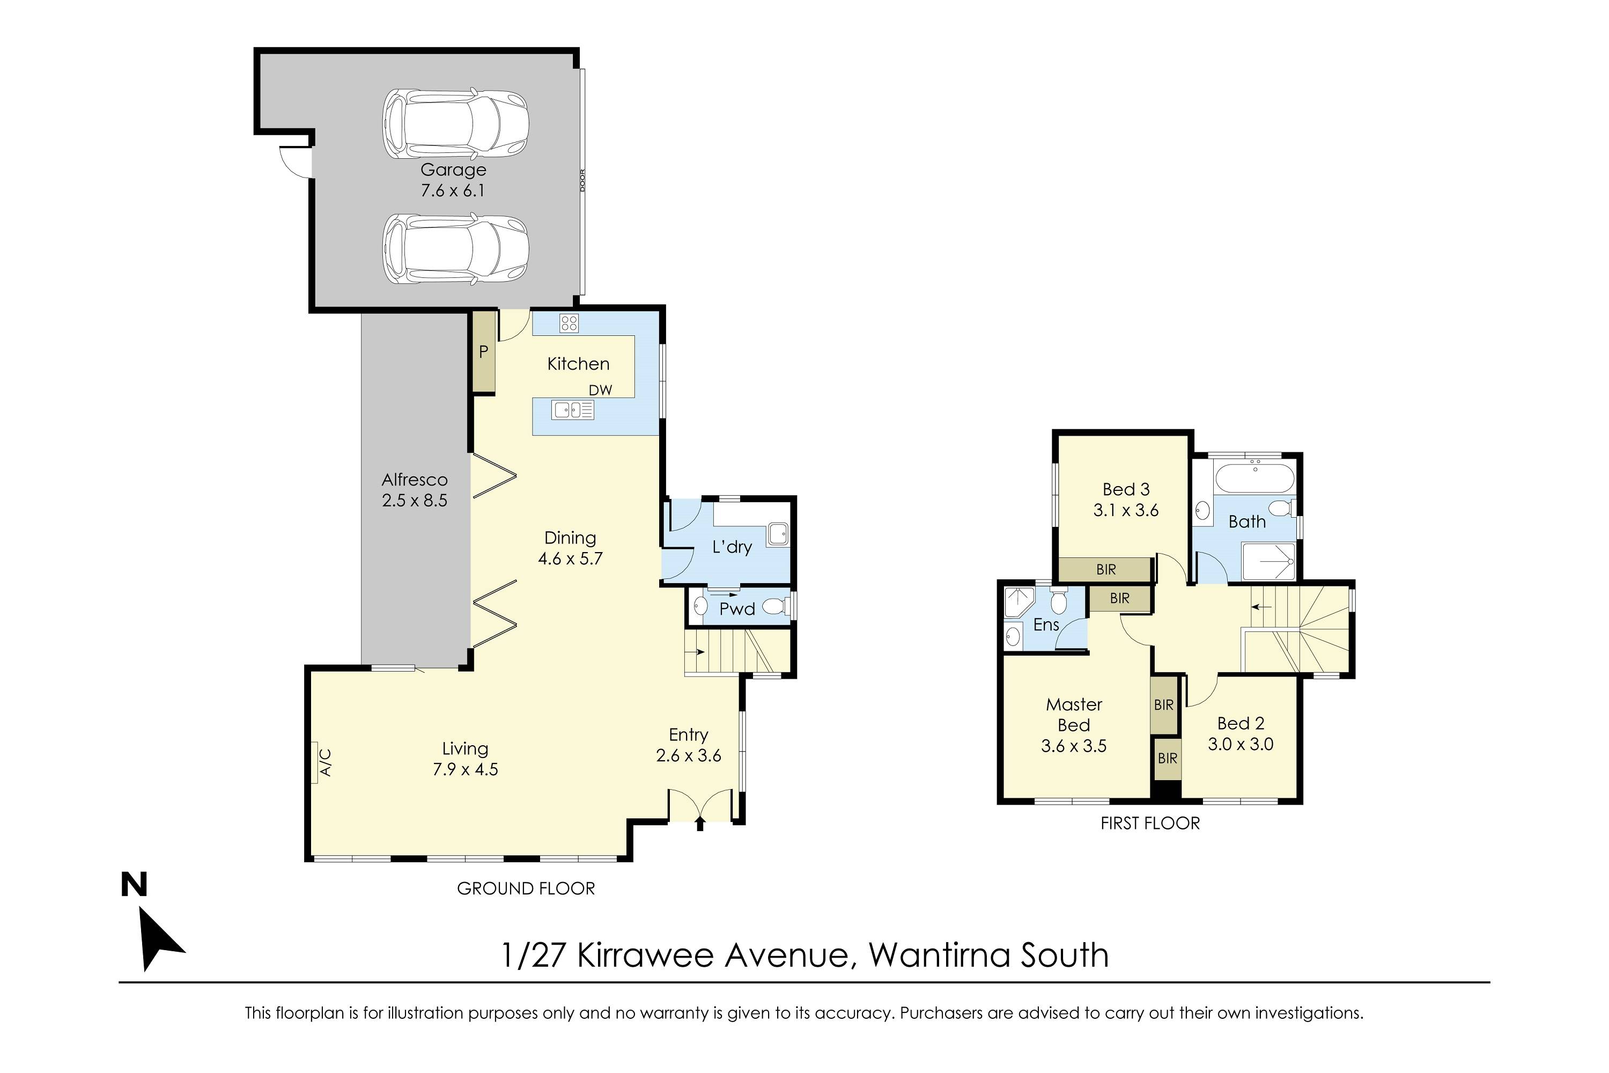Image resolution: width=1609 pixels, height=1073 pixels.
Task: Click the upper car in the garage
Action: click(455, 123)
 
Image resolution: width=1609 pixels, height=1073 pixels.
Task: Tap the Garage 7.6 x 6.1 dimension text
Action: click(453, 190)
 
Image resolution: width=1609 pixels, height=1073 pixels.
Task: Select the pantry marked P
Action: click(484, 352)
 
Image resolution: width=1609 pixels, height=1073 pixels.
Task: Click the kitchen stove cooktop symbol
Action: click(569, 323)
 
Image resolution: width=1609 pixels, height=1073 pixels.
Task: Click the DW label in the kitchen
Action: click(600, 390)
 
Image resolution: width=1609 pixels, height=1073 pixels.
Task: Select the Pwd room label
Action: click(737, 609)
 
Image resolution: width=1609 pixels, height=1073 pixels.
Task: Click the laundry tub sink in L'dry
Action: click(778, 534)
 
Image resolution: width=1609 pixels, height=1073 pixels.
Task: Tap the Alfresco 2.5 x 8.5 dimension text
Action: click(415, 500)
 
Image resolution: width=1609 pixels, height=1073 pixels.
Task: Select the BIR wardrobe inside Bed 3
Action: click(1105, 569)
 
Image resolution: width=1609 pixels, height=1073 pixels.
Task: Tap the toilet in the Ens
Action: click(1058, 600)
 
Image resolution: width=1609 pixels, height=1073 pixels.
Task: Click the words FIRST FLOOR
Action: click(1150, 823)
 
